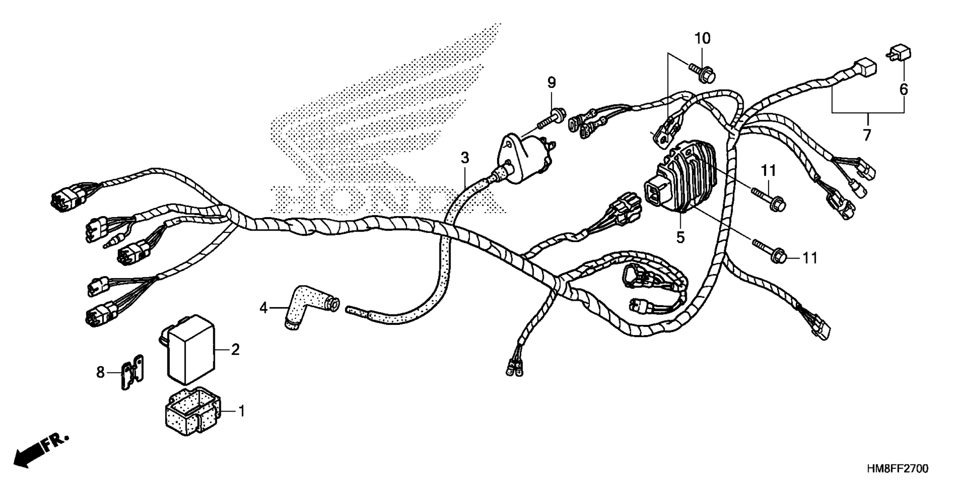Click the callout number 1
(242, 411)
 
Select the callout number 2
(235, 349)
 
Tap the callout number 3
(465, 158)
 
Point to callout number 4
(264, 307)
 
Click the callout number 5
(680, 237)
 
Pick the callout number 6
(904, 89)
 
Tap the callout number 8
(101, 372)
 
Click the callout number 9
(551, 82)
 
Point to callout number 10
(702, 38)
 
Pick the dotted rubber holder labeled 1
(193, 412)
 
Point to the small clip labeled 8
(131, 371)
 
